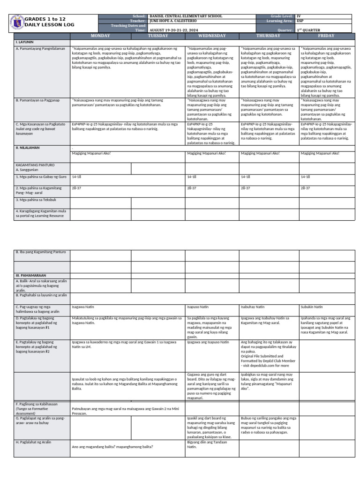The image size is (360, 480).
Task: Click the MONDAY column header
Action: [x=100, y=36]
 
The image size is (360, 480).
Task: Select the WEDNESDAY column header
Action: [x=212, y=36]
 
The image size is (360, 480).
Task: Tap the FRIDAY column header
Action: [x=326, y=36]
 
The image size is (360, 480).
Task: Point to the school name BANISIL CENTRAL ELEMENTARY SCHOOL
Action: [x=179, y=16]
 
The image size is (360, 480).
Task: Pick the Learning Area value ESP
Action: [x=300, y=21]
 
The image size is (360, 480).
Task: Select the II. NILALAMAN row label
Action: [x=28, y=148]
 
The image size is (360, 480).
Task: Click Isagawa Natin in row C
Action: [x=82, y=307]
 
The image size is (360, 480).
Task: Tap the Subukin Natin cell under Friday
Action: [x=312, y=307]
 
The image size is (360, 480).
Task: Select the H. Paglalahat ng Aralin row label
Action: [x=33, y=442]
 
